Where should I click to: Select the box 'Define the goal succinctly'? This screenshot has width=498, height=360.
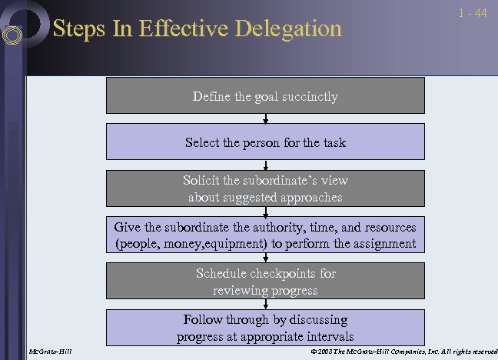coord(265,96)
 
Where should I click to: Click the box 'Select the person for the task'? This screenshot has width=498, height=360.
coord(265,142)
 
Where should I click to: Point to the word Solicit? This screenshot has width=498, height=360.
coord(201,181)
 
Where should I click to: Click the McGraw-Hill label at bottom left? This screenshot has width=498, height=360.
coord(48,352)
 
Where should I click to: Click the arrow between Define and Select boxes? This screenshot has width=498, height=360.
coord(265,118)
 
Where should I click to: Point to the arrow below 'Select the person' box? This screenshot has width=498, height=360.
coord(265,165)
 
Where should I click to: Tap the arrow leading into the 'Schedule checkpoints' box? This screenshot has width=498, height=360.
coord(265,258)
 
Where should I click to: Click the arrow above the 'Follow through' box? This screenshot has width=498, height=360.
coord(265,304)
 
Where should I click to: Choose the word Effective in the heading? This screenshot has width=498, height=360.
coord(163,29)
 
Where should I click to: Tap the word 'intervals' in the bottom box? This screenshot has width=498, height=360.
coord(329,336)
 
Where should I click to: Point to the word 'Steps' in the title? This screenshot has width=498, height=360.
coord(74,29)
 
